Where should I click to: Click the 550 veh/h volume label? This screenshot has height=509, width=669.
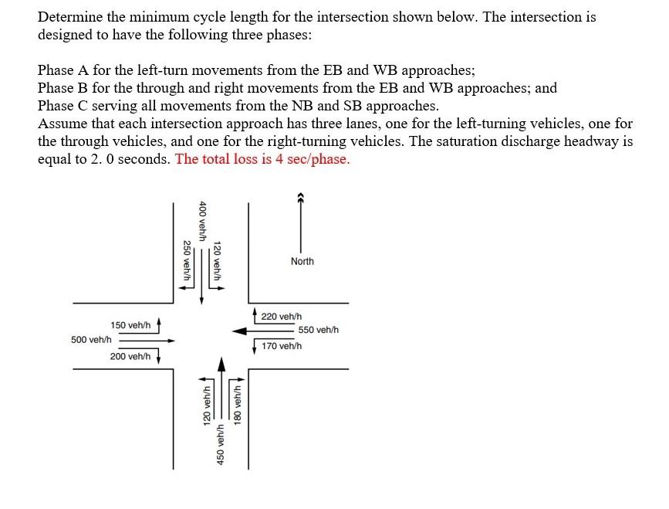coord(318,331)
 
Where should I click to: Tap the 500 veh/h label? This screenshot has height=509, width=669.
coord(91,340)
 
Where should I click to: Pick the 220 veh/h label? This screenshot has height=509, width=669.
coord(282,317)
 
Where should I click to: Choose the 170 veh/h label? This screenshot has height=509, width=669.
coord(282,345)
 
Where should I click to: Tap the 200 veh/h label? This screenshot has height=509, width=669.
coord(130,356)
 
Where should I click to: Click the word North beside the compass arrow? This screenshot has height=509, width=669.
coord(302,262)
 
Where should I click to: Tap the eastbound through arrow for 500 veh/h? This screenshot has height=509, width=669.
coord(147,340)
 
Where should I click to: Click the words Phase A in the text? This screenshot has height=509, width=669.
coord(64,70)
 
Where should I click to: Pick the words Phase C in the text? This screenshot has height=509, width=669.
coord(64,106)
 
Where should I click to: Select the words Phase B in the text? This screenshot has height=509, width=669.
coord(64,88)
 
